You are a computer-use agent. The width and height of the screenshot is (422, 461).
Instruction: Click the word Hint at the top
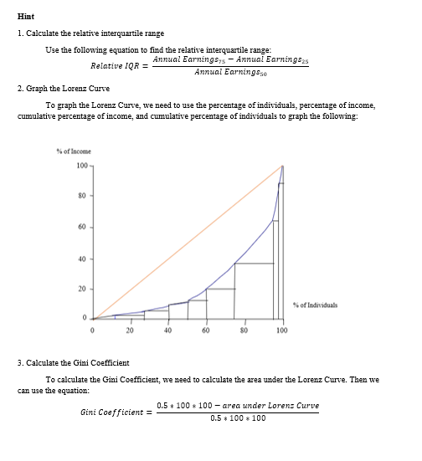coord(23,17)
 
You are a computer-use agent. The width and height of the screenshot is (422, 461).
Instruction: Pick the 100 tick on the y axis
coord(82,166)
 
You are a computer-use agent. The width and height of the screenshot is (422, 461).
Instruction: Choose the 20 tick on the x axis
coord(130,330)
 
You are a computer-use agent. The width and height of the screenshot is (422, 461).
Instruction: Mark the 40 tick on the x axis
coord(168,330)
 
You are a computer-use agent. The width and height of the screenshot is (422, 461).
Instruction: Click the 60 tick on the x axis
coord(206,330)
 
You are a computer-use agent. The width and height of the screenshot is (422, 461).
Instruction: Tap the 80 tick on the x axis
coord(244,330)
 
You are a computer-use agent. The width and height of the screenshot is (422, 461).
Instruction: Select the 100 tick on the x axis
coord(281,330)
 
